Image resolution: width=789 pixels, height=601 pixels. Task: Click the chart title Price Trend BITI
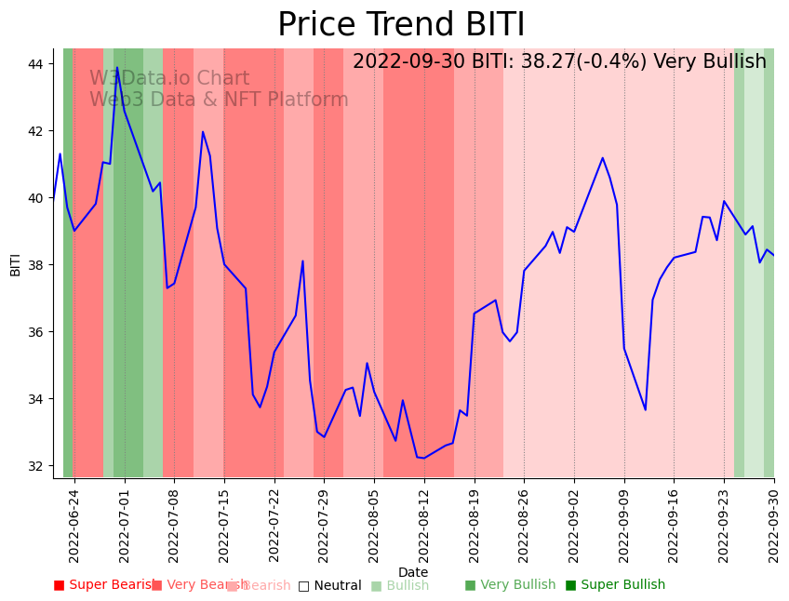401,25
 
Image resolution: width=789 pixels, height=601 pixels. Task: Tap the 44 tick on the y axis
36,64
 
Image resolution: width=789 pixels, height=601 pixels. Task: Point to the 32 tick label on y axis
36,466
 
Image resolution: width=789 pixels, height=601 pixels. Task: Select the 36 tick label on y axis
36,332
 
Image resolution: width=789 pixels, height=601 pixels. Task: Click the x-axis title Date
413,572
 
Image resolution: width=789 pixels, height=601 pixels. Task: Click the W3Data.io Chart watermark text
169,79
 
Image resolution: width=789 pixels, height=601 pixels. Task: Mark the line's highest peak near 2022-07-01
117,68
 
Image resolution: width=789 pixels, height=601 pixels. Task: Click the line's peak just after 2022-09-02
602,158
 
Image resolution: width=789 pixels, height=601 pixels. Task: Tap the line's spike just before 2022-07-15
203,132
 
